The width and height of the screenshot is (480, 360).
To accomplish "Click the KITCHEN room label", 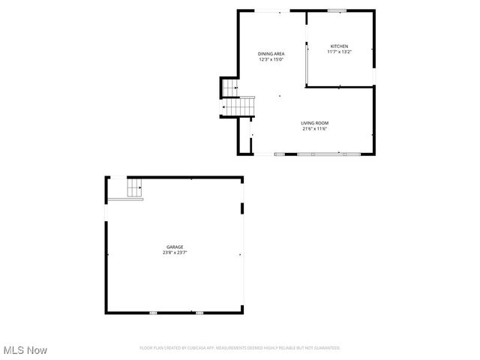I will (x=339, y=46).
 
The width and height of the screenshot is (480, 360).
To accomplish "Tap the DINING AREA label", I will (x=271, y=54).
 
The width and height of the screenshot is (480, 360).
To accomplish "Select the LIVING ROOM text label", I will (x=315, y=123).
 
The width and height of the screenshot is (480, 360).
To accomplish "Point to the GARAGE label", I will (x=175, y=247).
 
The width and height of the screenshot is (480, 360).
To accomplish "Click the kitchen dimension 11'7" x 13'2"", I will (x=339, y=52).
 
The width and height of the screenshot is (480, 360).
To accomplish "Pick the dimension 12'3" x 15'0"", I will (x=271, y=60).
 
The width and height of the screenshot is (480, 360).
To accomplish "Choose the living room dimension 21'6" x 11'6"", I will (x=315, y=129).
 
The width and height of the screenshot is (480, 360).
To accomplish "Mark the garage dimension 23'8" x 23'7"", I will (x=175, y=253).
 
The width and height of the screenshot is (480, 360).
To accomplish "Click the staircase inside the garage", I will (x=134, y=188).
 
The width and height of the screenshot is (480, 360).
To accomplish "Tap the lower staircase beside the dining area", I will (x=238, y=106).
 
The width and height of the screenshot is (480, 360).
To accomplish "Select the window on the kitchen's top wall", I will (x=337, y=10).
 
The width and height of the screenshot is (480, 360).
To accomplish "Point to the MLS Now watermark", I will (x=25, y=350).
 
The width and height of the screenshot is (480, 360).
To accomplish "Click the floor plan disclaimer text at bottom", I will (x=240, y=348).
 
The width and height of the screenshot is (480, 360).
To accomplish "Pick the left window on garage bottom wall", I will (x=153, y=313).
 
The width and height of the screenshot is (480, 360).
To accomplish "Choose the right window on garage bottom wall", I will (x=199, y=313).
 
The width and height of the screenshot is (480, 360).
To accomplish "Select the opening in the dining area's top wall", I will (x=271, y=10).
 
